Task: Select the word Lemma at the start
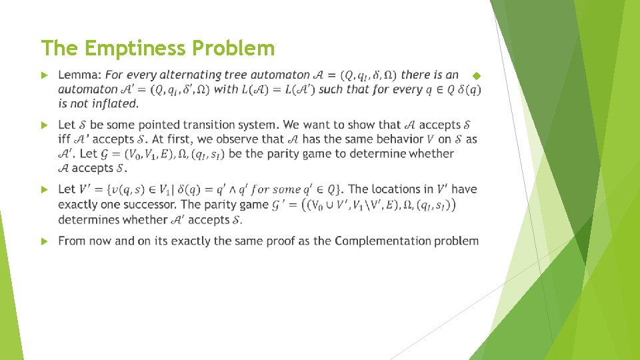pos(79,75)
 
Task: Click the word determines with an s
pos(87,219)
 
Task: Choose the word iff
pos(65,139)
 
